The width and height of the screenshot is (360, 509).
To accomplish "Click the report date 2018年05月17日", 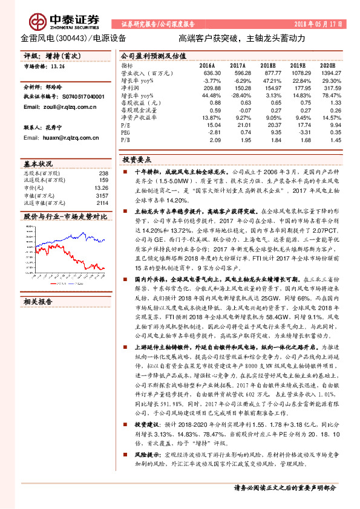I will point(315,24).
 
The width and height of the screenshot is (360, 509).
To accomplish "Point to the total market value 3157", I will point(101,195).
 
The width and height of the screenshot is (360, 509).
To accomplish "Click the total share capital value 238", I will point(103,173).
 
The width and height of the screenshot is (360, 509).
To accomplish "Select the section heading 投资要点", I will point(137,160).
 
